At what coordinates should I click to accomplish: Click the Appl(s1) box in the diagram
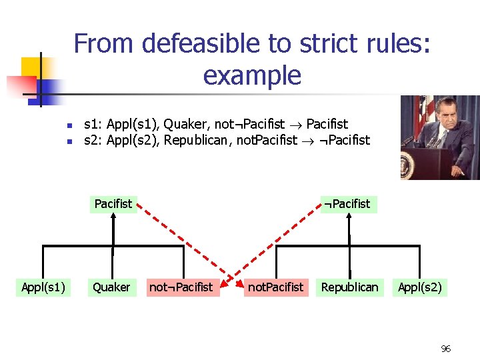pos(43,287)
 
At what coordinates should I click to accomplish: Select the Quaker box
pos(111,287)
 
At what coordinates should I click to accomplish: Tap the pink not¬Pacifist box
pos(181,287)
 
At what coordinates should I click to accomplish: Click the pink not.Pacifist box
pos(275,287)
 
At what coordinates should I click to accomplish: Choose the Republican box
pos(349,287)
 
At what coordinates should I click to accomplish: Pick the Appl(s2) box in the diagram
pos(420,287)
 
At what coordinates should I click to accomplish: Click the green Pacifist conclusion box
pos(113,203)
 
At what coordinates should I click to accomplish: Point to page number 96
pos(446,349)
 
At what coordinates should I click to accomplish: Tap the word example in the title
pos(252,75)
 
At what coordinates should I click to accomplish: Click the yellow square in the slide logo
pos(31,67)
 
